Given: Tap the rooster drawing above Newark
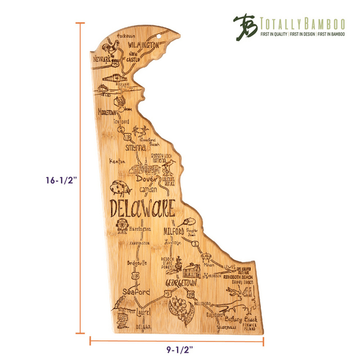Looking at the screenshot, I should (x=111, y=46).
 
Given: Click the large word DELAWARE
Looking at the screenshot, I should (x=143, y=209).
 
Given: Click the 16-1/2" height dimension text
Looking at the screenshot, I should (x=47, y=180).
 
